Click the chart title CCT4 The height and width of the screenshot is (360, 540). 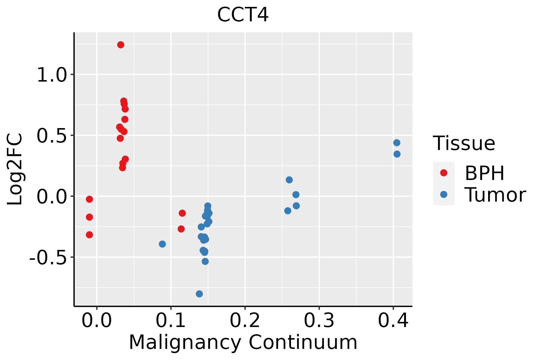[x=243, y=15]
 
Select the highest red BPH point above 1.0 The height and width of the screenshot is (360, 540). [x=121, y=45]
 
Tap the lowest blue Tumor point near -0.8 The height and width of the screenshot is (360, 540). [x=199, y=294]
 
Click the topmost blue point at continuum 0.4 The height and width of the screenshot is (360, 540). [x=397, y=143]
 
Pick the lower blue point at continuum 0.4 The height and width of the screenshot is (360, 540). [x=397, y=154]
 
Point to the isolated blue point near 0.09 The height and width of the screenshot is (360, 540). [x=162, y=244]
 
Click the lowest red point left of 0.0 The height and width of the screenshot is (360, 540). [x=89, y=235]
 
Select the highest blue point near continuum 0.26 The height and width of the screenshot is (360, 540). [x=289, y=180]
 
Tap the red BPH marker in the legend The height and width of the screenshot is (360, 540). [x=443, y=173]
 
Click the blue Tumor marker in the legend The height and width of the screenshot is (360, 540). [x=443, y=194]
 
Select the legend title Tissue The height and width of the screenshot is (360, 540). [x=464, y=143]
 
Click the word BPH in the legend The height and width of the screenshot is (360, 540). [x=484, y=173]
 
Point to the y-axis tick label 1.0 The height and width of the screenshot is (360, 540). [x=51, y=75]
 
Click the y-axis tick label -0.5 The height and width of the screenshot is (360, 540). [x=48, y=257]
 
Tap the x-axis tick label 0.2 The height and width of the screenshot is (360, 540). [x=245, y=321]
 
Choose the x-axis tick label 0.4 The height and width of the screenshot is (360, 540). [x=393, y=321]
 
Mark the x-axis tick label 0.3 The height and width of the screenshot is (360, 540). [x=319, y=321]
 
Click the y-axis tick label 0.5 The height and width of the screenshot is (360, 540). [x=51, y=136]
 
